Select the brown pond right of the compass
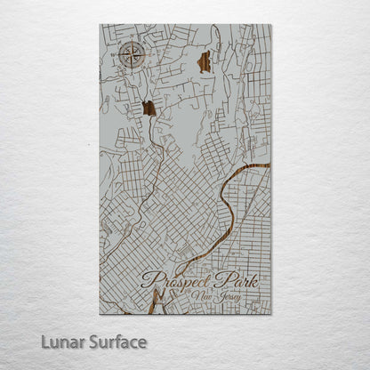click(x=204, y=61)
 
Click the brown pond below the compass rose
click(x=149, y=108)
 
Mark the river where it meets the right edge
click(x=269, y=165)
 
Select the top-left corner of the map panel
click(x=100, y=25)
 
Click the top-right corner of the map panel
click(x=270, y=25)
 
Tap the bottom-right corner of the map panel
click(x=270, y=314)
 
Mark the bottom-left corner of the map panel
click(x=100, y=314)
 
